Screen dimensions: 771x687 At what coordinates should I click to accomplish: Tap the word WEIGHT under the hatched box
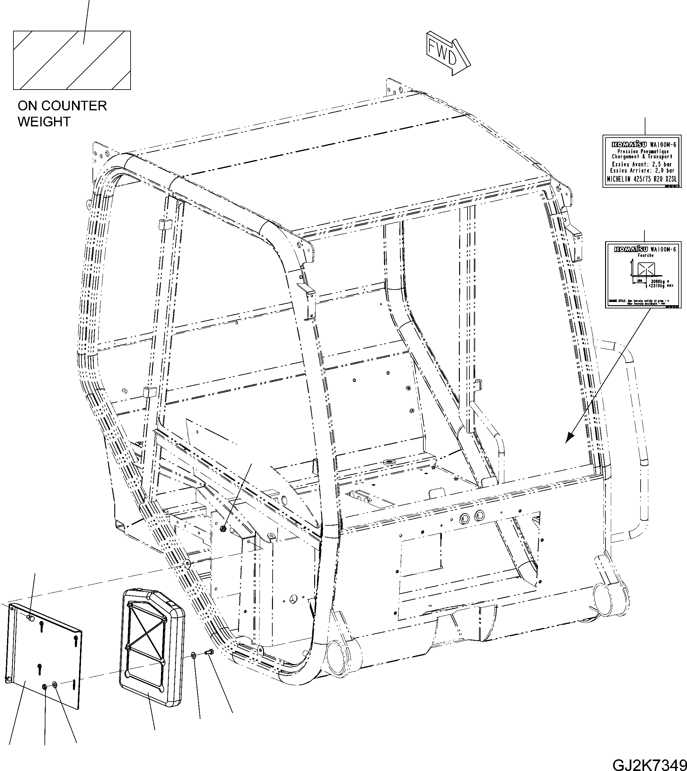[x=44, y=122]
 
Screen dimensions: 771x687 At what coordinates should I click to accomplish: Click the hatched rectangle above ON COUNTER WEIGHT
[x=72, y=60]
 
